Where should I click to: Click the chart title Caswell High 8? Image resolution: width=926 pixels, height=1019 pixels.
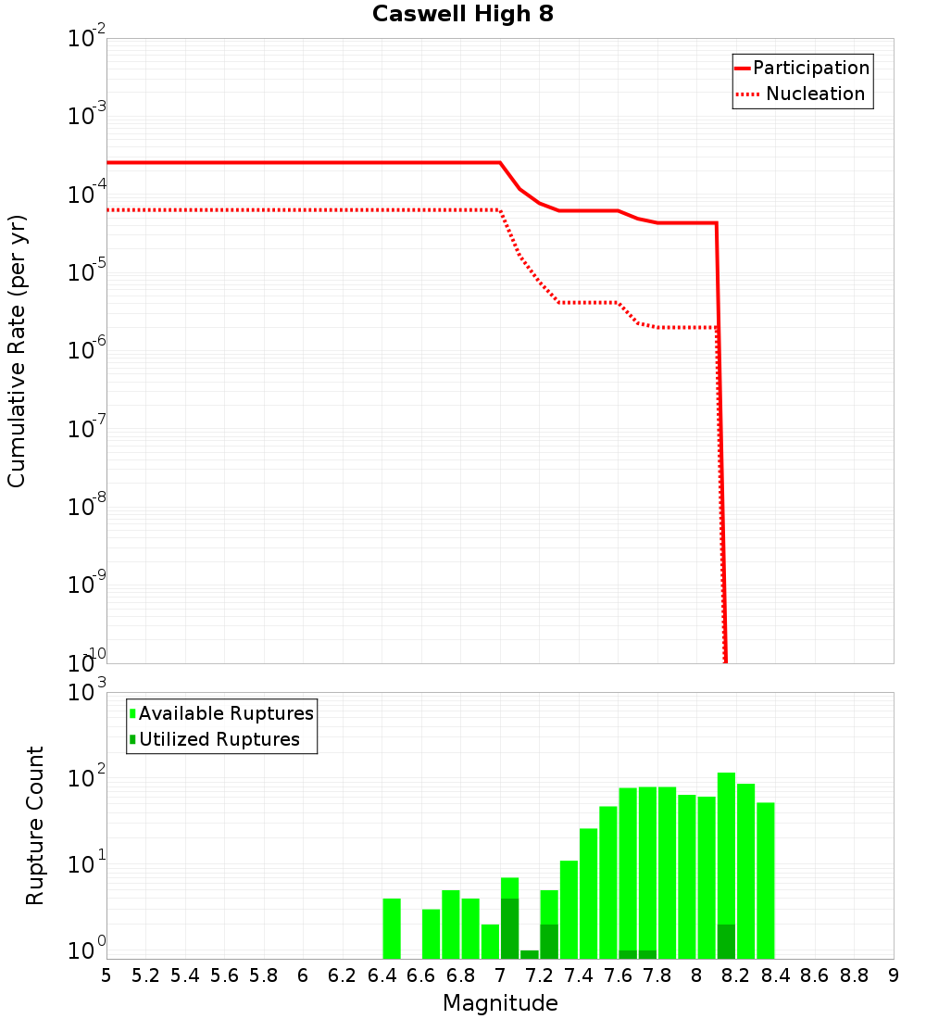[462, 15]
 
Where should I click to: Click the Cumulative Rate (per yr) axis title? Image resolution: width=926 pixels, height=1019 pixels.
[17, 351]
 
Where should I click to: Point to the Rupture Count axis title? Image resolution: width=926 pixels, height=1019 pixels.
[35, 825]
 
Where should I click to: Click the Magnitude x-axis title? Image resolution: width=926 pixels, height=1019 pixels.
[500, 1003]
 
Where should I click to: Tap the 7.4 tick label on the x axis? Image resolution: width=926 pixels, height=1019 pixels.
[579, 975]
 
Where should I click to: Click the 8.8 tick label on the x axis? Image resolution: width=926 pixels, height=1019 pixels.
[854, 975]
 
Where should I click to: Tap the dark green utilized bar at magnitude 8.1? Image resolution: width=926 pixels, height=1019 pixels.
[726, 941]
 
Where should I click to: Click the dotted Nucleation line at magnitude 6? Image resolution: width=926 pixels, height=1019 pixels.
[303, 210]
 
